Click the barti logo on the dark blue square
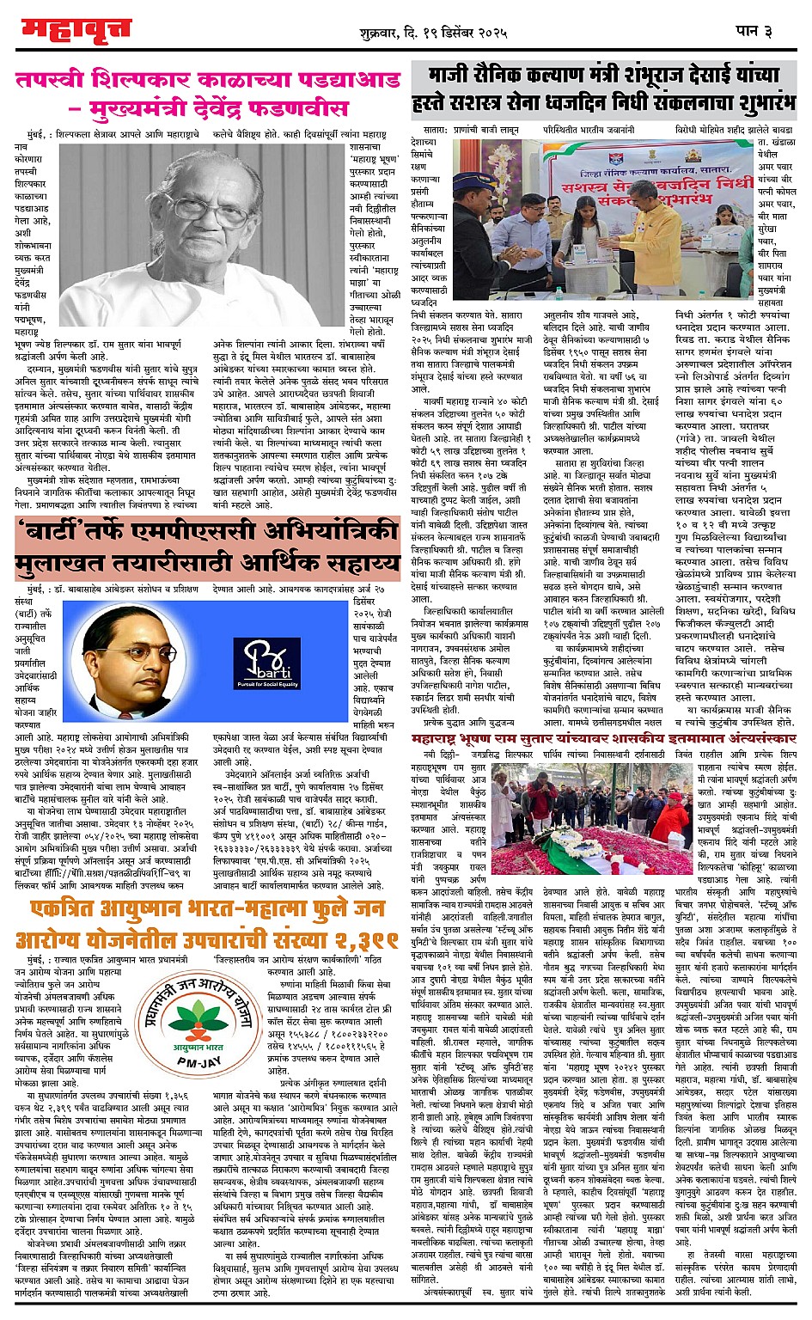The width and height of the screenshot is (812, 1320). tap(266, 662)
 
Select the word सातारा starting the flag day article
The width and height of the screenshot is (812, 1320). tap(436, 129)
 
